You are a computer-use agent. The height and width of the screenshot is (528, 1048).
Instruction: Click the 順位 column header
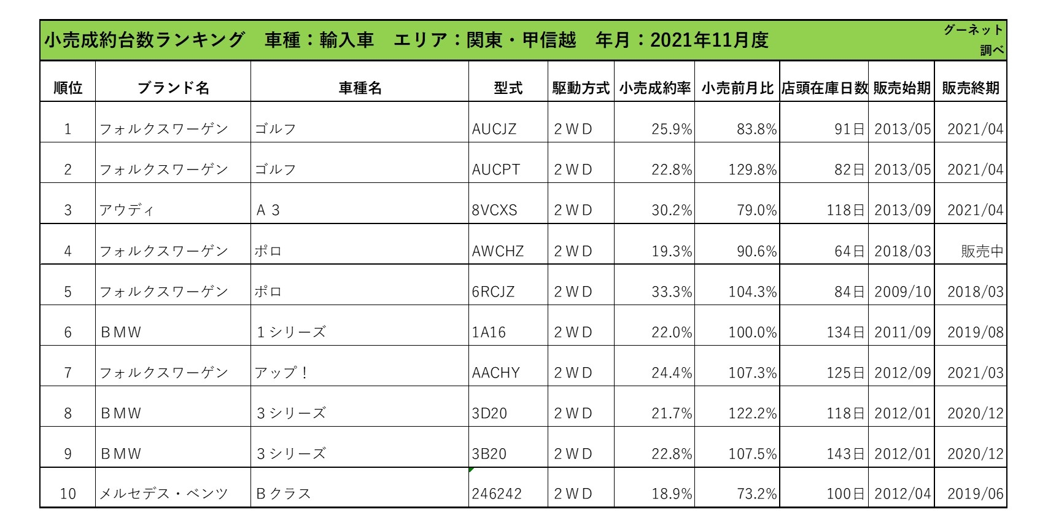[x=68, y=88]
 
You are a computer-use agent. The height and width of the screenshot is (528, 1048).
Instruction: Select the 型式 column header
[x=508, y=88]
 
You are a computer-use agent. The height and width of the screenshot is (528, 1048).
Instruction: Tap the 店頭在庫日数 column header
[x=824, y=88]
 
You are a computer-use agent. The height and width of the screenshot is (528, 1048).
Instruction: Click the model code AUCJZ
[x=494, y=130]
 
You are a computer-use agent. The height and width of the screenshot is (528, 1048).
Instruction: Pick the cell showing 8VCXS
[x=494, y=211]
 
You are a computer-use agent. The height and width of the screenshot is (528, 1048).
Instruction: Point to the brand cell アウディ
[x=126, y=211]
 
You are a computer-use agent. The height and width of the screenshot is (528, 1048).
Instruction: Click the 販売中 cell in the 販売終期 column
[x=982, y=251]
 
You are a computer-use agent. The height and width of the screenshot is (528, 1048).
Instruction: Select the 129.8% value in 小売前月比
[x=753, y=170]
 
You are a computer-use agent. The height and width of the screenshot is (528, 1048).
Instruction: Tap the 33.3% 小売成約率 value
[x=672, y=292]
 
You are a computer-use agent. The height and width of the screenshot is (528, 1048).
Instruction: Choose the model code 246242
[x=497, y=494]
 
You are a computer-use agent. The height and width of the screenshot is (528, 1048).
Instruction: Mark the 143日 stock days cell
[x=845, y=454]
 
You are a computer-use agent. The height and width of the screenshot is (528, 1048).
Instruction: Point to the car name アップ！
[x=282, y=373]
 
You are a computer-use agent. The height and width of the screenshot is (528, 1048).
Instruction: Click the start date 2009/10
[x=902, y=292]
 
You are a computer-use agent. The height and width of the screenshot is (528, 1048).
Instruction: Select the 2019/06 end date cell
[x=975, y=494]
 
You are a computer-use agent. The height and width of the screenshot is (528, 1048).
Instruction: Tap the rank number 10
[x=68, y=494]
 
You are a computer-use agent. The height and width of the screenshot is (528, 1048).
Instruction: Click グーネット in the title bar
[x=973, y=30]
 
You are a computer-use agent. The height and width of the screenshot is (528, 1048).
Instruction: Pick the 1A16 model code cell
[x=489, y=332]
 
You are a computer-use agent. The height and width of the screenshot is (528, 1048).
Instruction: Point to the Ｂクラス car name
[x=283, y=494]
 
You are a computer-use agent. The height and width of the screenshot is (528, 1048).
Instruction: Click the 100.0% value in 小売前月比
[x=753, y=332]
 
